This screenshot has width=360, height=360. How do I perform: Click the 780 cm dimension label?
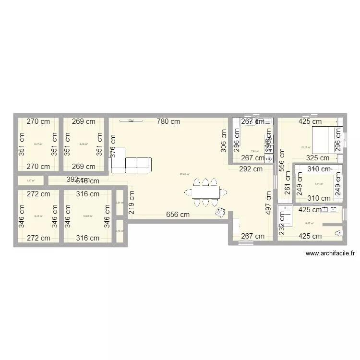168,121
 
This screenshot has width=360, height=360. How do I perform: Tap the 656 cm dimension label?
178,215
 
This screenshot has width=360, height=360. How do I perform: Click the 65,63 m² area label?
184,174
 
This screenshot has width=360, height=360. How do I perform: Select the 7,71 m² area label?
319,184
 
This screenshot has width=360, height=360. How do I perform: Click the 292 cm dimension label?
251,168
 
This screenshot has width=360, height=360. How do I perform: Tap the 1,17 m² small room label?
31,181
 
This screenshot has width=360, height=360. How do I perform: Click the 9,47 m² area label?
38,144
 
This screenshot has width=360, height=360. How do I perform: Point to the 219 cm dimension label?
132,202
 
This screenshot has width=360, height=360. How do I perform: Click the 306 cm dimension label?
224,140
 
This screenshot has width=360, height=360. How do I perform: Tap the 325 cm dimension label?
317,158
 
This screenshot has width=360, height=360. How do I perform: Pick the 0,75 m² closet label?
120,231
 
